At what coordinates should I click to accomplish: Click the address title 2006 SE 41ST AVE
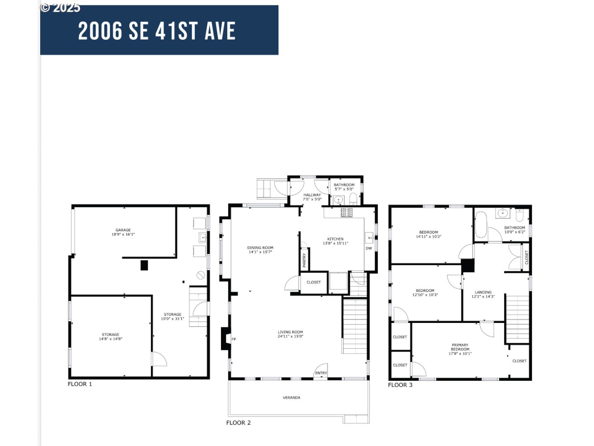(x=157, y=31)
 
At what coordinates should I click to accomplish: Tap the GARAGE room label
(x=123, y=230)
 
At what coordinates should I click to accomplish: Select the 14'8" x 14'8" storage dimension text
(x=111, y=339)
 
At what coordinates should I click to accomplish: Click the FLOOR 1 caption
(x=80, y=384)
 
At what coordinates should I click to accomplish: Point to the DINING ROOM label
(x=260, y=247)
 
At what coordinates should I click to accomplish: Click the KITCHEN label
(x=335, y=239)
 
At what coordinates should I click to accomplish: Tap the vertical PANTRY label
(x=304, y=260)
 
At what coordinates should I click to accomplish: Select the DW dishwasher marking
(x=369, y=248)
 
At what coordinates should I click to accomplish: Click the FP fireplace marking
(x=234, y=339)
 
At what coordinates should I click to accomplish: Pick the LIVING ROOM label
(x=290, y=332)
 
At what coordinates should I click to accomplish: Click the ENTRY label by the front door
(x=321, y=373)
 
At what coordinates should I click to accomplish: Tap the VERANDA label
(x=292, y=398)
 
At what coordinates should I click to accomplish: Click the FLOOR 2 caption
(x=238, y=422)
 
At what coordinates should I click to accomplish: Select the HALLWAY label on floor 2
(x=312, y=195)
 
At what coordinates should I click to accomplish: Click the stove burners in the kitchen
(x=347, y=212)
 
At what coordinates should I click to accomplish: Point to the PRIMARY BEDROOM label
(x=460, y=347)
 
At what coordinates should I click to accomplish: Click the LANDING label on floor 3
(x=483, y=292)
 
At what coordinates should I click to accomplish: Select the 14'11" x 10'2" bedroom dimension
(x=429, y=237)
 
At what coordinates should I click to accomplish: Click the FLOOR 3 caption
(x=400, y=385)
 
